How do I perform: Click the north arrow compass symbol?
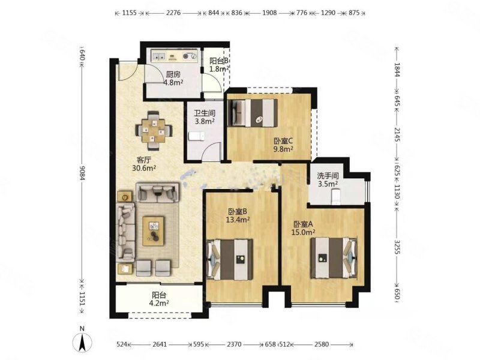[82, 341]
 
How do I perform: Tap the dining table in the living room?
[154, 131]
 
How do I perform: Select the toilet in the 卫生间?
[196, 137]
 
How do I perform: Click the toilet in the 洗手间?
[336, 197]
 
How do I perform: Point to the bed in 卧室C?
[254, 113]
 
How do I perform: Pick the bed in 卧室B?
[230, 260]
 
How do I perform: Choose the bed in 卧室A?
[334, 258]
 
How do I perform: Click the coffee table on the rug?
[154, 231]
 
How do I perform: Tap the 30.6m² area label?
[144, 168]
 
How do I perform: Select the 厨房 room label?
[173, 74]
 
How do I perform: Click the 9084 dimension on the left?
[82, 173]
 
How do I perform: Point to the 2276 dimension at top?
[173, 13]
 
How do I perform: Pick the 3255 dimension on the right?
[397, 247]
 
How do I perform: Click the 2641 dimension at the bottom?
[160, 344]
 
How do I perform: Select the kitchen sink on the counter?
[159, 56]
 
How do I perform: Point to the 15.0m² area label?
[303, 232]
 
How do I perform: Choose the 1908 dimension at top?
[269, 13]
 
